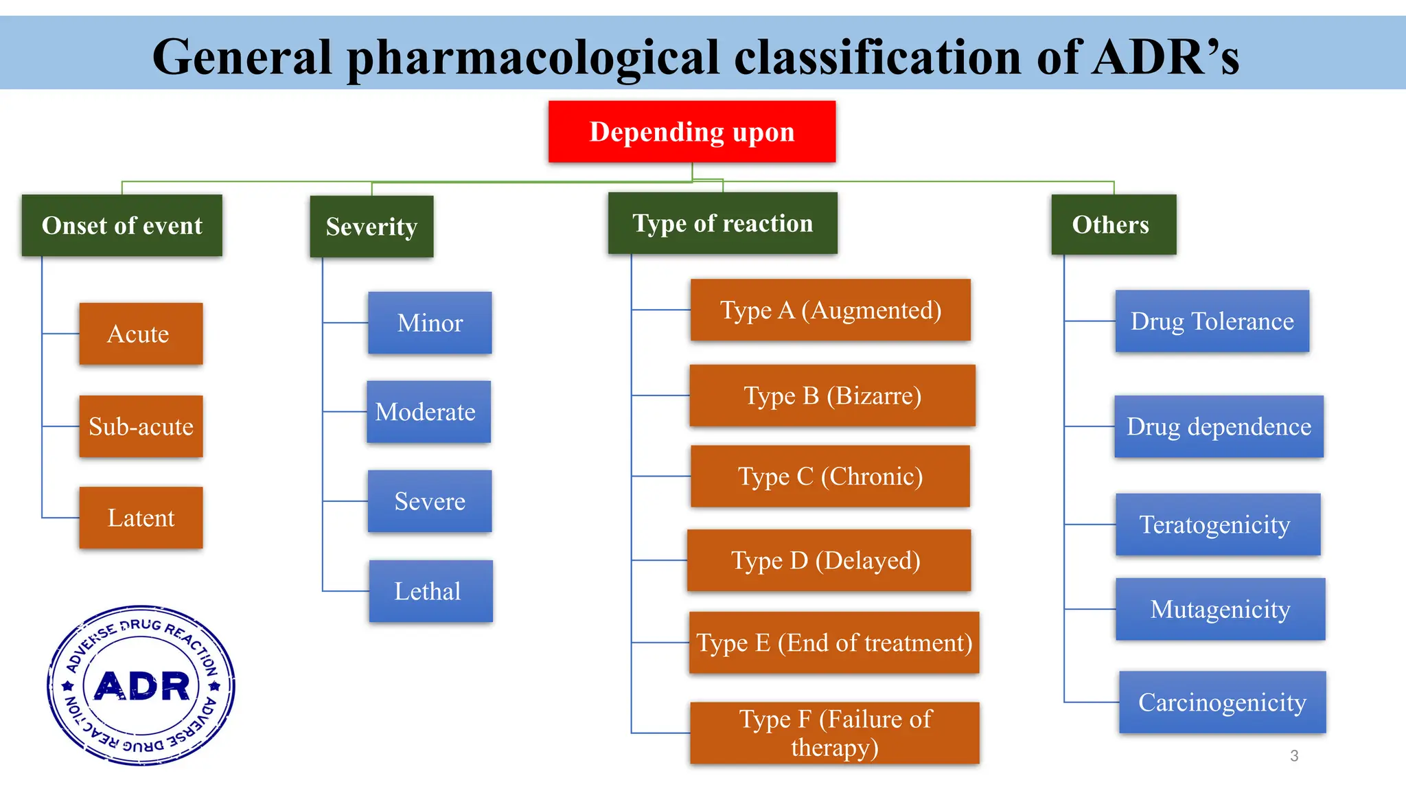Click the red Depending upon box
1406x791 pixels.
tap(691, 132)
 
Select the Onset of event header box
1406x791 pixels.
tap(122, 225)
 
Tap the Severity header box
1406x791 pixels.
tap(371, 227)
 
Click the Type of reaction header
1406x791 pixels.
tap(722, 223)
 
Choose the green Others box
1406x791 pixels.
tap(1113, 225)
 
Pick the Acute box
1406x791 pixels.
tap(141, 334)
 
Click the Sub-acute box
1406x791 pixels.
tap(141, 426)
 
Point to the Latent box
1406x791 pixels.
tap(141, 518)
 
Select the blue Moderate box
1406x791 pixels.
tap(428, 412)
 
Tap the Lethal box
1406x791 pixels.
tap(430, 591)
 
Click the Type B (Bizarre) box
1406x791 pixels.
tap(832, 395)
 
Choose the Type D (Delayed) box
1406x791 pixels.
tap(829, 560)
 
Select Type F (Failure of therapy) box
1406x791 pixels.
tap(834, 733)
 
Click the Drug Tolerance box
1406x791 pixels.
tap(1212, 321)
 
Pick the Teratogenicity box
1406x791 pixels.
tap(1217, 525)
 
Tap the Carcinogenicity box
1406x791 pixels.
tap(1222, 702)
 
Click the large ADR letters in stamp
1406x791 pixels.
tap(141, 686)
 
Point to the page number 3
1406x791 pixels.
tap(1294, 756)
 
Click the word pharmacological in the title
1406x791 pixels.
tap(533, 56)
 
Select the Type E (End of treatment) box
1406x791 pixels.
tap(834, 643)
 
